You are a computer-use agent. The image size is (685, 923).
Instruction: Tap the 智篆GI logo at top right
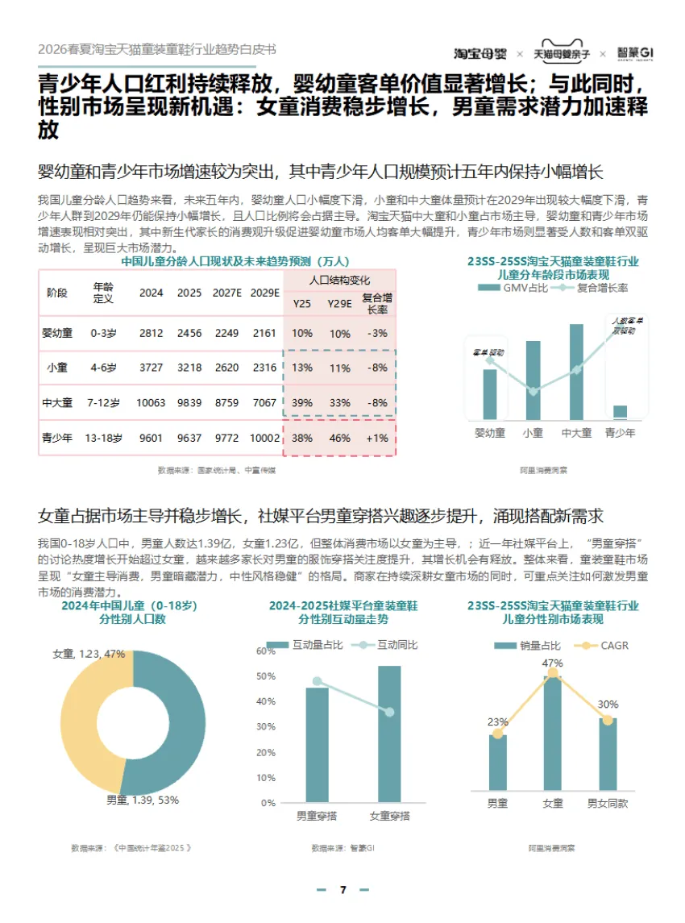[x=636, y=53]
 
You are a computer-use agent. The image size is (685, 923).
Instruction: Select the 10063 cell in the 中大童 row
[x=151, y=402]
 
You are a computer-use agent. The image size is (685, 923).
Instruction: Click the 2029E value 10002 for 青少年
[x=265, y=439]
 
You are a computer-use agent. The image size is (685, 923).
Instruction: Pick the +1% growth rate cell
[x=377, y=439]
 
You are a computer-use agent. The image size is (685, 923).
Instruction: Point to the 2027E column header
[x=228, y=293]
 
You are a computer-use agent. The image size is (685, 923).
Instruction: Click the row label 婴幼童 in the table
[x=57, y=333]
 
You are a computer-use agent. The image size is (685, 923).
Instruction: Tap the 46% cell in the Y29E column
[x=340, y=439]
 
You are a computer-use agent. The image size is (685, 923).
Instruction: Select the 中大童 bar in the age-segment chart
[x=576, y=372]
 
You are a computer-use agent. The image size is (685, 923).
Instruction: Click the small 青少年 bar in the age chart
[x=620, y=412]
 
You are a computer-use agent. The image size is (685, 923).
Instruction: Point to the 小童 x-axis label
[x=533, y=433]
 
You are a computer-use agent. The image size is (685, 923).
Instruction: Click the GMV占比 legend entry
[x=511, y=288]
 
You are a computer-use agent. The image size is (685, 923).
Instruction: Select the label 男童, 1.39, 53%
[x=143, y=800]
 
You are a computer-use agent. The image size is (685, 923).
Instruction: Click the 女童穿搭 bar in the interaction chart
[x=389, y=734]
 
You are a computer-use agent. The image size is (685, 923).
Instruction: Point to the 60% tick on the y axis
[x=265, y=651]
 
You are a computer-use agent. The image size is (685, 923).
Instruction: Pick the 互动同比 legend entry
[x=392, y=645]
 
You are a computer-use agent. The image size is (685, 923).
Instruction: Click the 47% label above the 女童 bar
[x=553, y=663]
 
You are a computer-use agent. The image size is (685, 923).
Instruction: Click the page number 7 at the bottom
[x=342, y=890]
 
